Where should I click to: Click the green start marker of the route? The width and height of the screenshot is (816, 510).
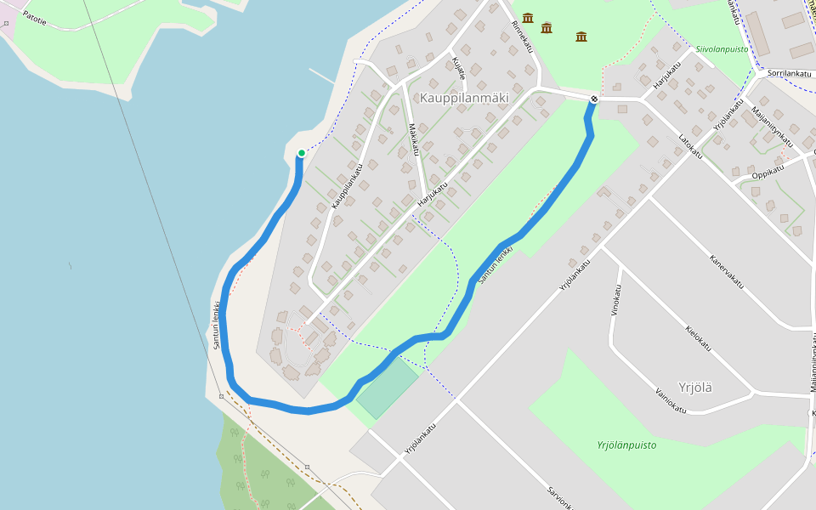click(301, 153)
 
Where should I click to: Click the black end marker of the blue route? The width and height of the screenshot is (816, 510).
click(593, 99)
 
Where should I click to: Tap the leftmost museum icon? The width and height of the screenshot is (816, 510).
click(528, 18)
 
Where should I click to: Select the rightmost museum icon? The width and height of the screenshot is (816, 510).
click(581, 36)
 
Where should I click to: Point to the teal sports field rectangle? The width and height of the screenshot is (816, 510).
click(388, 389)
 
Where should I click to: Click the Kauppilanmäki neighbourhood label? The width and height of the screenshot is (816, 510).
click(464, 98)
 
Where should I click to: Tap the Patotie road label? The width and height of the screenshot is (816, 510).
click(34, 16)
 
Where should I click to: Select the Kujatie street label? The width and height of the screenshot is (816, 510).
click(459, 68)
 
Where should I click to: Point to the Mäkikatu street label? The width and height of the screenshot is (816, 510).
click(414, 139)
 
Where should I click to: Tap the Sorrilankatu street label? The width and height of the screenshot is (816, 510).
click(785, 74)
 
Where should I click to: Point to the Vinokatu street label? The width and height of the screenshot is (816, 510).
click(615, 299)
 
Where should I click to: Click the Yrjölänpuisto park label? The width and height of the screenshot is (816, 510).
click(626, 445)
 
